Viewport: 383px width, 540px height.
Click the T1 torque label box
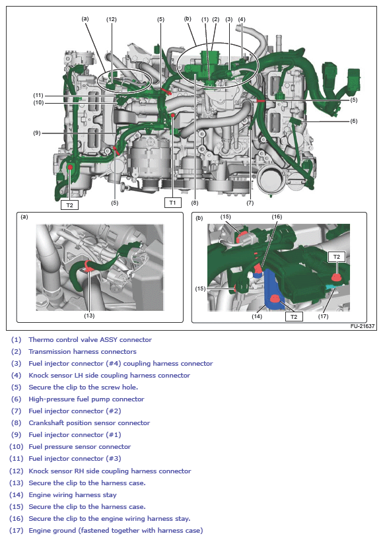(x=172, y=203)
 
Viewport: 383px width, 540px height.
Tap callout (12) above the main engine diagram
(x=111, y=19)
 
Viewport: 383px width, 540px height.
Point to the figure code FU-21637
(x=363, y=326)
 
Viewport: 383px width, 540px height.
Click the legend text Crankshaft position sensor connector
(x=89, y=422)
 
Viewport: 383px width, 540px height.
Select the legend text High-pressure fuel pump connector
(x=87, y=399)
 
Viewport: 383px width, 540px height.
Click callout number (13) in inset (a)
(x=89, y=316)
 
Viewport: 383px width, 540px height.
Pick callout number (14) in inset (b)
(x=257, y=316)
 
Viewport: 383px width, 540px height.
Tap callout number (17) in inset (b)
(x=323, y=316)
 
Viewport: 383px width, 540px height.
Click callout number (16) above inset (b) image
(x=277, y=217)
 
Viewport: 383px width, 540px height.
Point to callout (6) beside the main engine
(x=354, y=121)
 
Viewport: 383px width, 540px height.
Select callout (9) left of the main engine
(x=37, y=133)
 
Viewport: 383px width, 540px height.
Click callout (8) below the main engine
(x=195, y=203)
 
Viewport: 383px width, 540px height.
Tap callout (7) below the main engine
(x=250, y=203)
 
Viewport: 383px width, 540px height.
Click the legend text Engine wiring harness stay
(x=73, y=494)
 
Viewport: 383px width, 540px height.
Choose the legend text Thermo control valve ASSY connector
(x=90, y=339)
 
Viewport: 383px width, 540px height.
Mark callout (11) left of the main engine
(x=38, y=95)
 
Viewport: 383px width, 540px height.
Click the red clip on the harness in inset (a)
(x=88, y=266)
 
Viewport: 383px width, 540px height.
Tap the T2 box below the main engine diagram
(x=69, y=205)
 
